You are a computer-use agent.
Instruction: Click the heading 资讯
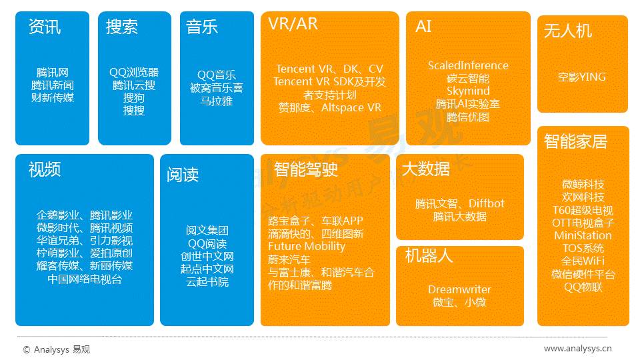pos(45,27)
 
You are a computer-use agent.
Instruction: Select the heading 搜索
pos(122,27)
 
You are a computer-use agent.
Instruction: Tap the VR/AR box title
pos(293,25)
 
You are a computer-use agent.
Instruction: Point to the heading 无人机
pos(567,31)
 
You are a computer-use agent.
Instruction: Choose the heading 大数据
pos(425,169)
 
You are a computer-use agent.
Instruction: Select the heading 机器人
pos(429,257)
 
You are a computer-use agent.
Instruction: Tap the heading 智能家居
pos(575,142)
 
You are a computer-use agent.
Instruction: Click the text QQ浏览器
pos(134,73)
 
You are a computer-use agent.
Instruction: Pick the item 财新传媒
pos(52,98)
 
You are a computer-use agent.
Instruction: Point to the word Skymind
pos(468,91)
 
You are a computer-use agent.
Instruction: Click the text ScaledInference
pos(468,65)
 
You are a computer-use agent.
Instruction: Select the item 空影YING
pos(582,77)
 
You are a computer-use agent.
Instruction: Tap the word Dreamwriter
pos(459,289)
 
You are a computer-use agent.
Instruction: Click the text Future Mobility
pos(307,247)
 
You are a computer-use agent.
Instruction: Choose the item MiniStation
pos(583,235)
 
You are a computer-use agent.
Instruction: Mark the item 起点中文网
pos(207,269)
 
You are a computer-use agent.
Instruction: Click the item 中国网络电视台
pos(85,279)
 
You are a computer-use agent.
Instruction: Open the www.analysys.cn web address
pos(577,348)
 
